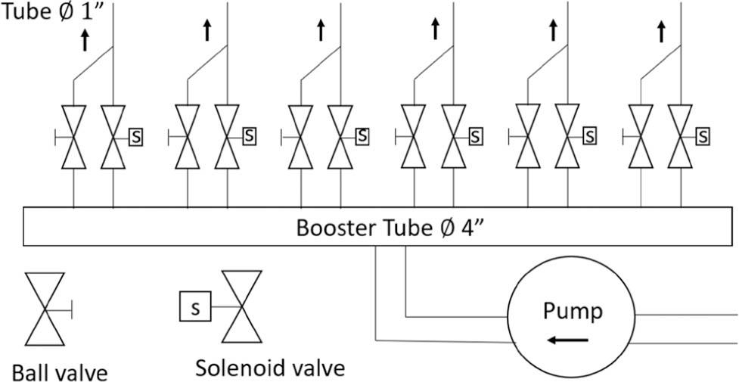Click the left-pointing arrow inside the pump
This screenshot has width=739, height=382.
pos(568,340)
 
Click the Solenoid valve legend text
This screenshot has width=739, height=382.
pos(270,368)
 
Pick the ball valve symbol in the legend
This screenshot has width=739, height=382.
pos(47,307)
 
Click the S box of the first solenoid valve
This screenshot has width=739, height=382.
pos(136,137)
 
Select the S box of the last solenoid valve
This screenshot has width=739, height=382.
pos(703,137)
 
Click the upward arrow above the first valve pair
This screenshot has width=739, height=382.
pos(85,40)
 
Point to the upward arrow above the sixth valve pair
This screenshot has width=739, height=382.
pos(661,32)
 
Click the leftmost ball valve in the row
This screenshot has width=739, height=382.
pos(73,137)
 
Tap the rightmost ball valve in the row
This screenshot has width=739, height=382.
pos(641,137)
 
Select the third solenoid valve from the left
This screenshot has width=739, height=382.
pos(340,137)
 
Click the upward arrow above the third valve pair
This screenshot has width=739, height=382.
pos(321,30)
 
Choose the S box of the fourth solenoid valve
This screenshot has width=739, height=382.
pos(475,137)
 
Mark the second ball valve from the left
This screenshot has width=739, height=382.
pos(188,137)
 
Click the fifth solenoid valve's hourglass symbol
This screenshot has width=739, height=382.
pos(567,137)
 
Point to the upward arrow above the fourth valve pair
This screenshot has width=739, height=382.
pos(435,30)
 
